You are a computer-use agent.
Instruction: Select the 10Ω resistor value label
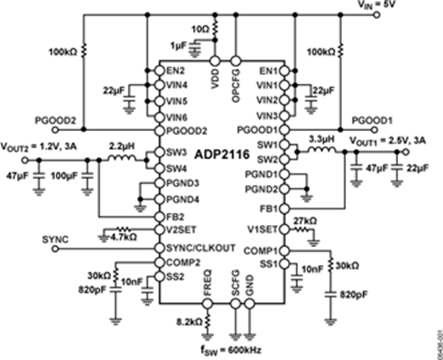coord(203,29)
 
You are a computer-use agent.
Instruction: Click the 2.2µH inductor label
coord(123,146)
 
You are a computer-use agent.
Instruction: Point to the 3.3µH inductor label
coord(321,140)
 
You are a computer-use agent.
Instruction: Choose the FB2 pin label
coord(175,216)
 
